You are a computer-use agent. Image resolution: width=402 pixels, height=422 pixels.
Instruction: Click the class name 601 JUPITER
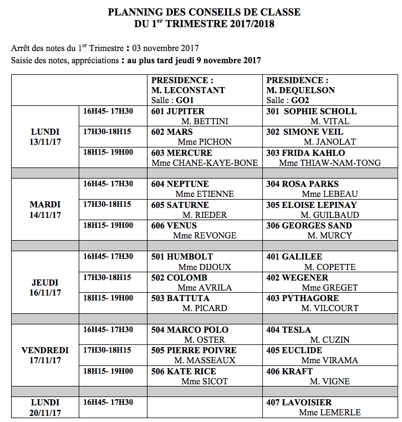click(x=178, y=111)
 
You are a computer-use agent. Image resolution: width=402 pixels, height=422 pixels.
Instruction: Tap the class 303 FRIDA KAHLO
click(x=306, y=153)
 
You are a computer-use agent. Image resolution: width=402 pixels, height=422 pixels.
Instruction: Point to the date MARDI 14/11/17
click(x=45, y=210)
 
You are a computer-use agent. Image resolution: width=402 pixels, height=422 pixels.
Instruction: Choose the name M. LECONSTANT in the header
click(x=188, y=90)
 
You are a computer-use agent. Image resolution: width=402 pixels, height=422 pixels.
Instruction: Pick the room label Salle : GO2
click(x=287, y=100)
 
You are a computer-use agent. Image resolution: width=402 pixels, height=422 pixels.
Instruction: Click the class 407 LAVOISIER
click(x=299, y=403)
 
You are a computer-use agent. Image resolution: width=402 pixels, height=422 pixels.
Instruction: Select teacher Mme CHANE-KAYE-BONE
click(x=205, y=163)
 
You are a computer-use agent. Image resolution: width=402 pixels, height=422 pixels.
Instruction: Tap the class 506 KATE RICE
click(x=184, y=372)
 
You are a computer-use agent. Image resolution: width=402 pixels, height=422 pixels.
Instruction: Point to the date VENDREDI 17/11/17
click(x=45, y=355)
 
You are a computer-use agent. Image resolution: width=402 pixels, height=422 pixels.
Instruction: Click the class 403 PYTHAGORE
click(x=303, y=298)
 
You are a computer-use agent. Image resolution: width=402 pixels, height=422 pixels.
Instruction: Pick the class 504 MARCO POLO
click(x=190, y=330)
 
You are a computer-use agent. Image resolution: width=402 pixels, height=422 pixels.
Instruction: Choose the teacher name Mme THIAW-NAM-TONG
click(x=329, y=163)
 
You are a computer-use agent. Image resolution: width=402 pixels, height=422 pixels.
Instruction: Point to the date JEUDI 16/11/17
click(x=45, y=288)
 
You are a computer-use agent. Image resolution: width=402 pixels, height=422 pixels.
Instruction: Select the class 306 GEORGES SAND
click(x=309, y=226)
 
